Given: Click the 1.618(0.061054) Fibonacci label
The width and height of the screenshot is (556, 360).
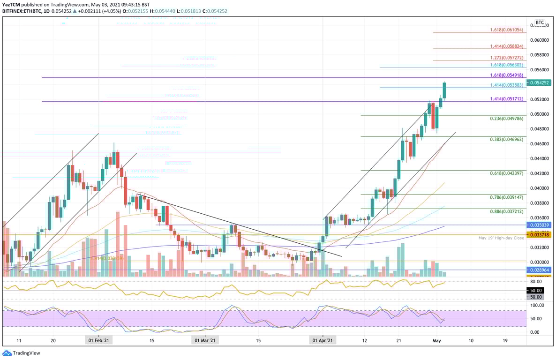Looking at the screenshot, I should tap(507, 29).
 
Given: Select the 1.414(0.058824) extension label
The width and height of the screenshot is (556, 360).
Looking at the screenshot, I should tap(507, 46).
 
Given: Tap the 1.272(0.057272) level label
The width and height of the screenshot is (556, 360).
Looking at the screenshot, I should tap(507, 57).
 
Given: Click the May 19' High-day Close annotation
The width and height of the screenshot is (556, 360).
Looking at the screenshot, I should tap(501, 238).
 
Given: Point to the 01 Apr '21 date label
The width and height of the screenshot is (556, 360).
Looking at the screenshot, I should tap(323, 341).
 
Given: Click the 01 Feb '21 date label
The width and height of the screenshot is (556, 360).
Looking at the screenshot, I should tap(98, 341).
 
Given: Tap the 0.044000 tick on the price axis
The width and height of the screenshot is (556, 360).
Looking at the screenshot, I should tap(540, 158).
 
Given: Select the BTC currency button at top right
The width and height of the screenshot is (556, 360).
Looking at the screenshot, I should tap(540, 22).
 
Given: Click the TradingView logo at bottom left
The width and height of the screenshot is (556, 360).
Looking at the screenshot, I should tap(21, 353).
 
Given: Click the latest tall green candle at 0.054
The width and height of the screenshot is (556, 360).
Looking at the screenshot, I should tap(444, 90).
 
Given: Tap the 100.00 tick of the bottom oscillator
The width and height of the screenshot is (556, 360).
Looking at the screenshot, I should tap(537, 305).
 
